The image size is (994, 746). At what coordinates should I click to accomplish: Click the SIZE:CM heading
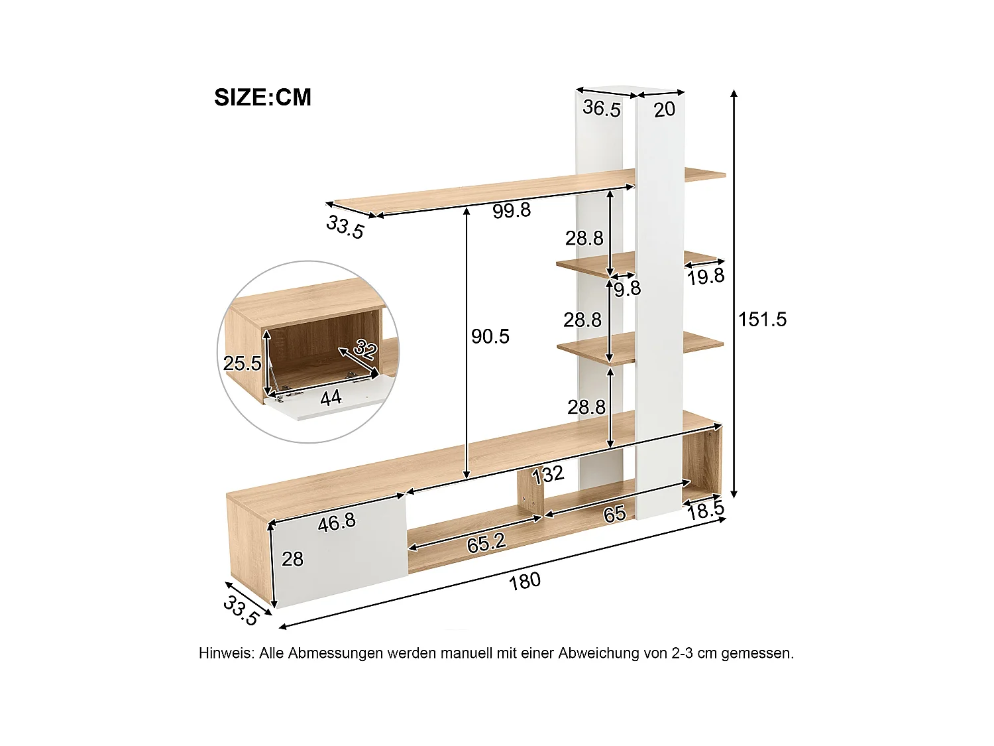262,97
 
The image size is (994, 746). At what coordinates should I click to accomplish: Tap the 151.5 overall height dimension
763,320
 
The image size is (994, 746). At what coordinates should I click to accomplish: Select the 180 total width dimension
525,582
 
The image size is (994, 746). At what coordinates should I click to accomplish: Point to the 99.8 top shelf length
512,211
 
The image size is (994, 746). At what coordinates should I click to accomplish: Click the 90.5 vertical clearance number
490,337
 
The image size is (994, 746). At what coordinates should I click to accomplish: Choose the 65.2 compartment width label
486,543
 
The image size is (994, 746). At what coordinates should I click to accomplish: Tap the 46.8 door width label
337,523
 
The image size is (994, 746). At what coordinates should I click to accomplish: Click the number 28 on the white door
292,559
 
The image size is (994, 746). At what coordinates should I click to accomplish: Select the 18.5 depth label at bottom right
706,511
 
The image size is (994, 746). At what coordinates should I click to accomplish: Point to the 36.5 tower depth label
602,108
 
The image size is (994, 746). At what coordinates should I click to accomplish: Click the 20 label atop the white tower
665,110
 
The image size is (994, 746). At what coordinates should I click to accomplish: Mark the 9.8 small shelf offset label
627,288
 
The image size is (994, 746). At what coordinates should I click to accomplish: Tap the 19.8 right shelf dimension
706,277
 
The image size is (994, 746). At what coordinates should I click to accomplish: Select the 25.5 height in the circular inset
242,363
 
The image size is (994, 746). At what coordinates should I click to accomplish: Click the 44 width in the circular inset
331,398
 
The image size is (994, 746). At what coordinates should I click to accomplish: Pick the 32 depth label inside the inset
366,347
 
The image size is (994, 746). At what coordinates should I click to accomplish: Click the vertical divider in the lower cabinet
530,495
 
